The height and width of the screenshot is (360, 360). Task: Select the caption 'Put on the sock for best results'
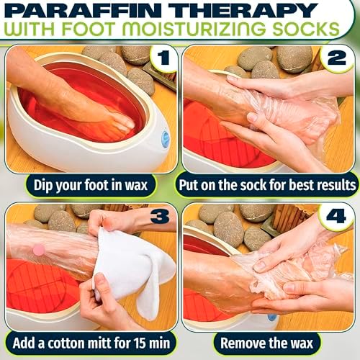(269, 184)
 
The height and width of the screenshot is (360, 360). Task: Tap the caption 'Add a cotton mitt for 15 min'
(89, 341)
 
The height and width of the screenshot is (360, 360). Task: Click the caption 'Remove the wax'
(269, 341)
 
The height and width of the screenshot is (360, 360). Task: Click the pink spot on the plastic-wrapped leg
(39, 249)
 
